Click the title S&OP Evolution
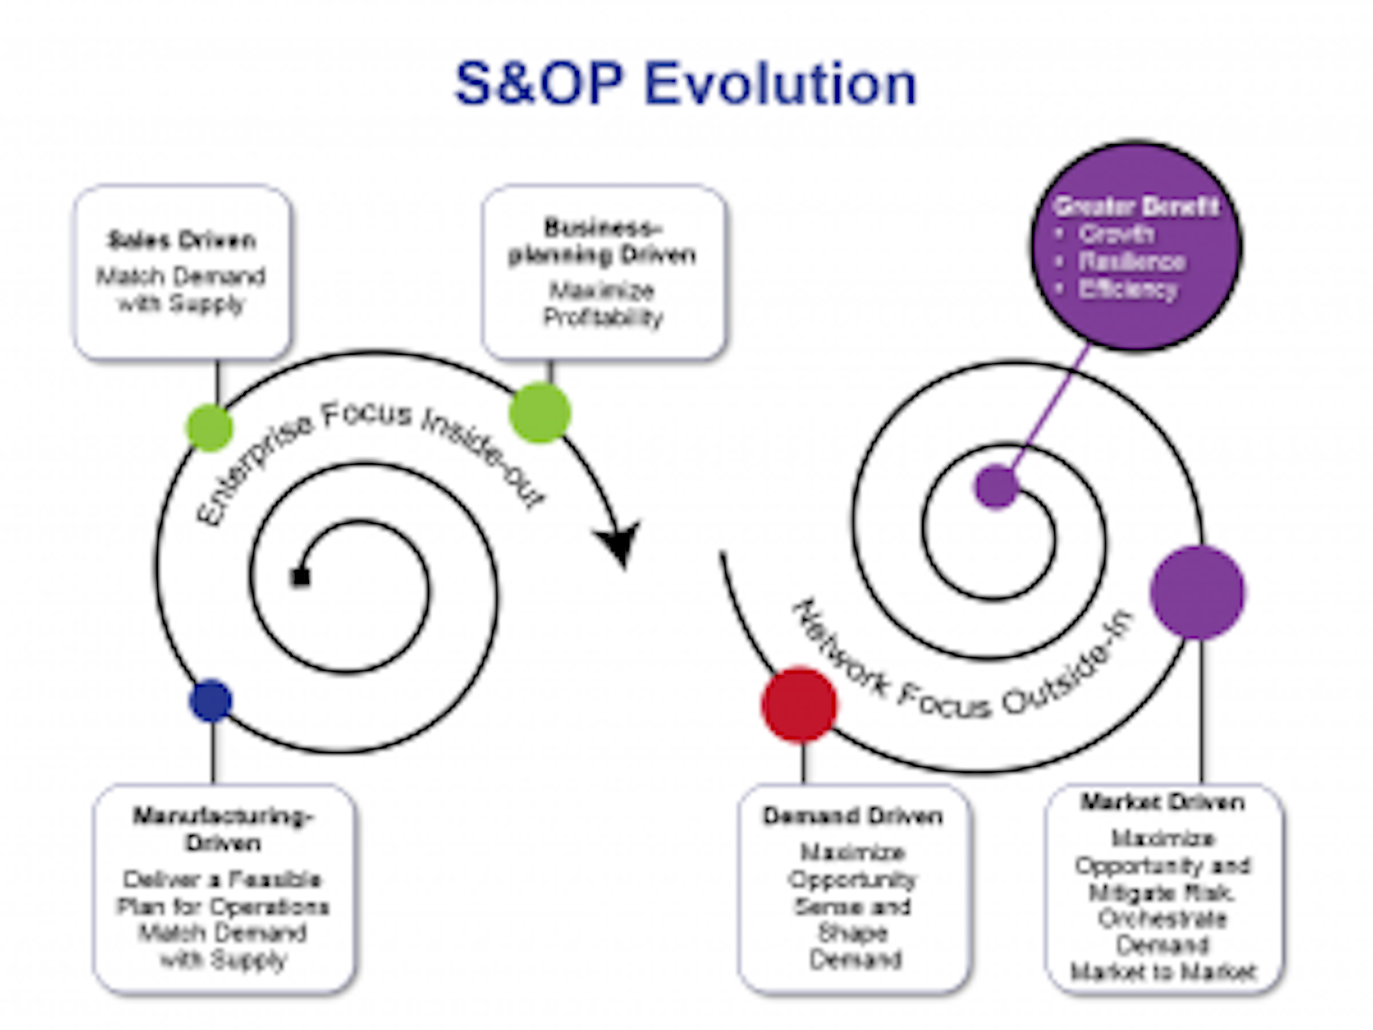[685, 84]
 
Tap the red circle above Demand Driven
[799, 704]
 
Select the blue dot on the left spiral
[211, 700]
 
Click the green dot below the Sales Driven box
[210, 427]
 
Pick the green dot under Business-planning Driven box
[540, 413]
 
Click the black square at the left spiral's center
[301, 577]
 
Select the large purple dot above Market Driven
[1197, 592]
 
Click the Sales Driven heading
[182, 240]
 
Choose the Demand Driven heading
[853, 816]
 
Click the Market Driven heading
[1162, 803]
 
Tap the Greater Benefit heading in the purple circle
[1136, 206]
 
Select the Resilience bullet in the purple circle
[1132, 262]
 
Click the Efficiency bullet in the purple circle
[1127, 290]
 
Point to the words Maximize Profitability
[603, 304]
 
